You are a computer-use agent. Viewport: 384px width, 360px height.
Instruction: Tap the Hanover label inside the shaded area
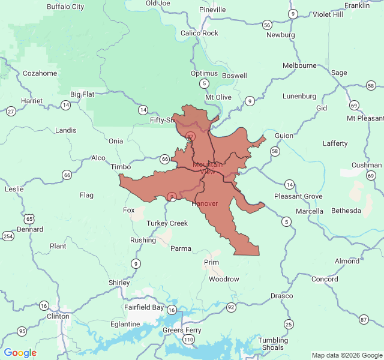(205, 204)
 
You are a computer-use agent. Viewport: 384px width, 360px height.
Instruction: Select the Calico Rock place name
(199, 33)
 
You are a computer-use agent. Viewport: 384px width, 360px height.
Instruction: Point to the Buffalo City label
(65, 7)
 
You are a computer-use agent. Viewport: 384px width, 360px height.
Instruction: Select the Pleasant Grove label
(298, 196)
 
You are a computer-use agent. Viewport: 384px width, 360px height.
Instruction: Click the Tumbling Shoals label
(273, 344)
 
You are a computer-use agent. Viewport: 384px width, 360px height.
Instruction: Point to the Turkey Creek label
(167, 223)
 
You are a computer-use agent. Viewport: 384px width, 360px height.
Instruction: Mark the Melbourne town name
(299, 65)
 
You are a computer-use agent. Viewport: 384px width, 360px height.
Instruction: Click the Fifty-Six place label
(163, 121)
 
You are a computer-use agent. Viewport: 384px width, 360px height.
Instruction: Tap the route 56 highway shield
(267, 25)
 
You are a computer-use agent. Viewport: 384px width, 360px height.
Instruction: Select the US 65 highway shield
(29, 214)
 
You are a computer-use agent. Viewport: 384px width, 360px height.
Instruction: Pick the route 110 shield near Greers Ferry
(189, 340)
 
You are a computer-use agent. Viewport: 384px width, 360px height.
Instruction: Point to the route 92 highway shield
(231, 307)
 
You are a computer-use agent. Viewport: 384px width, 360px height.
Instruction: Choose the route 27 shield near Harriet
(11, 111)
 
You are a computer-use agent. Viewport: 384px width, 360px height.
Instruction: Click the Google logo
(20, 353)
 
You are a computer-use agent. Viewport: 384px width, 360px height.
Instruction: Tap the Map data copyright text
(346, 356)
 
